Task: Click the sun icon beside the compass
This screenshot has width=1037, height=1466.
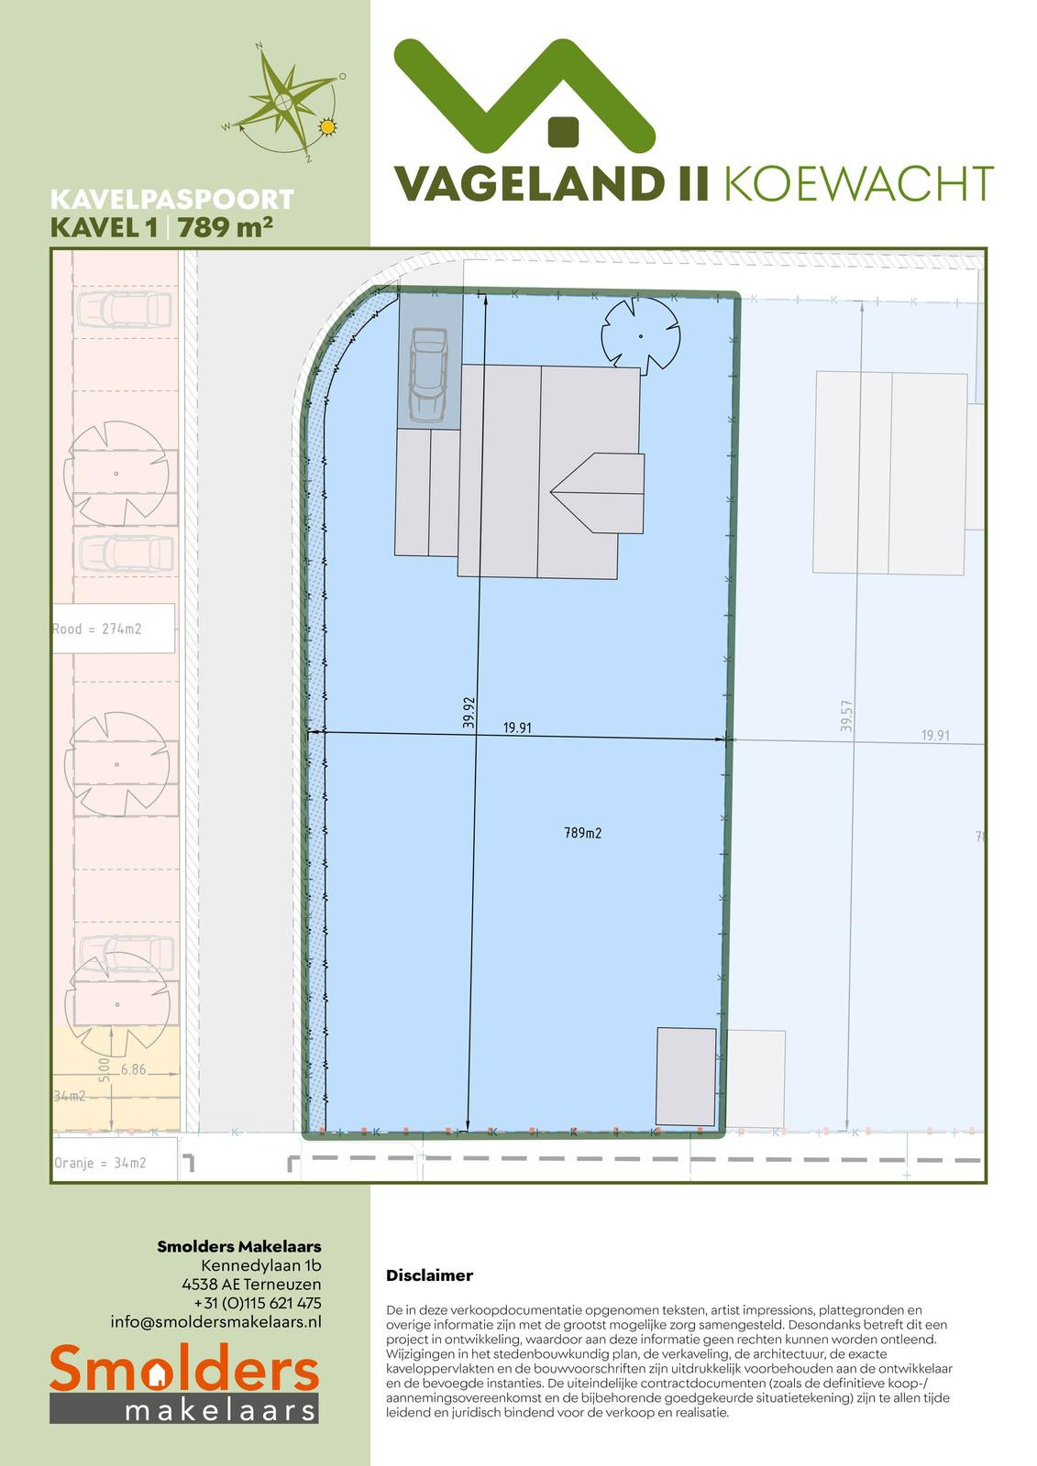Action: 327,127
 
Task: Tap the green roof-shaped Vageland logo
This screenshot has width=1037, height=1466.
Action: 524,95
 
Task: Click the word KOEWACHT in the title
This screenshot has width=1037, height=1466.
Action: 859,184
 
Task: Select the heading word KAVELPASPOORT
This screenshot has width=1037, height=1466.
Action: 172,200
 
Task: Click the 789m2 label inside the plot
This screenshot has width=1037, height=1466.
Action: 582,833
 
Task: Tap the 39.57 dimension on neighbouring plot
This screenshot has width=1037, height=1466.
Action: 846,716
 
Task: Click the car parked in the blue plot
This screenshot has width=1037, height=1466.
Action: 428,375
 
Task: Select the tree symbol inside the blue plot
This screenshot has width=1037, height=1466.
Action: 640,336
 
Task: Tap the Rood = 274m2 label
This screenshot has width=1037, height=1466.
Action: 97,629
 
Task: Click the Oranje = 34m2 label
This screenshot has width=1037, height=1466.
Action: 100,1163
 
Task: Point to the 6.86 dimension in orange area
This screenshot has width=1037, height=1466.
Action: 133,1070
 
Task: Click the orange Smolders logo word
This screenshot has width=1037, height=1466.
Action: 184,1367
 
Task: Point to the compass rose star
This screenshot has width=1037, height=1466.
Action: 283,101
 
